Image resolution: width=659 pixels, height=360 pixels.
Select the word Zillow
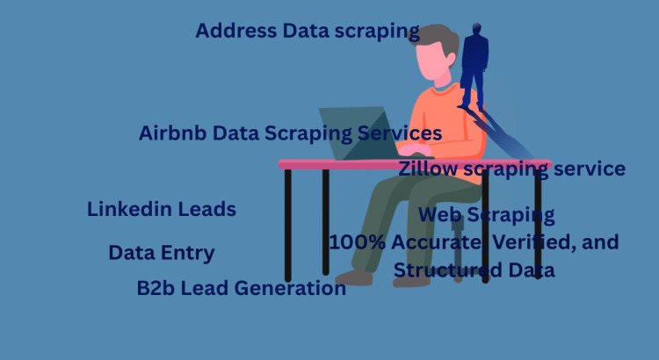click(x=427, y=169)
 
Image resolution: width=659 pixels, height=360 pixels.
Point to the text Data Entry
click(x=161, y=253)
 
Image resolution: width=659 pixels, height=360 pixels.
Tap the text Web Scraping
click(x=486, y=214)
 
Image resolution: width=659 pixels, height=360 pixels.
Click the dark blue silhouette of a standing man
click(x=474, y=66)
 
